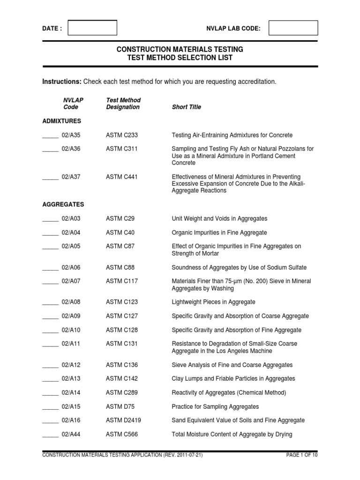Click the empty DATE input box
click(x=92, y=28)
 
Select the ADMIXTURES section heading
click(x=61, y=121)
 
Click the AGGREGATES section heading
click(x=63, y=205)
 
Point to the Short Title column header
click(x=187, y=107)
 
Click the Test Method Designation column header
click(x=123, y=104)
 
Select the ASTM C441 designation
click(x=122, y=177)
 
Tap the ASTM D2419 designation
click(x=123, y=420)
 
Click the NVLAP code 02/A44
click(x=71, y=435)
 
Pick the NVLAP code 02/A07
click(x=71, y=281)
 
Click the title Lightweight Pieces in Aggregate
click(x=214, y=302)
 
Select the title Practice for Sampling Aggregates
click(x=215, y=407)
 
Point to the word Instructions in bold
click(x=62, y=82)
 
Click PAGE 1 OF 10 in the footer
click(x=301, y=455)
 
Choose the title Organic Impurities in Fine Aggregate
click(x=219, y=232)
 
